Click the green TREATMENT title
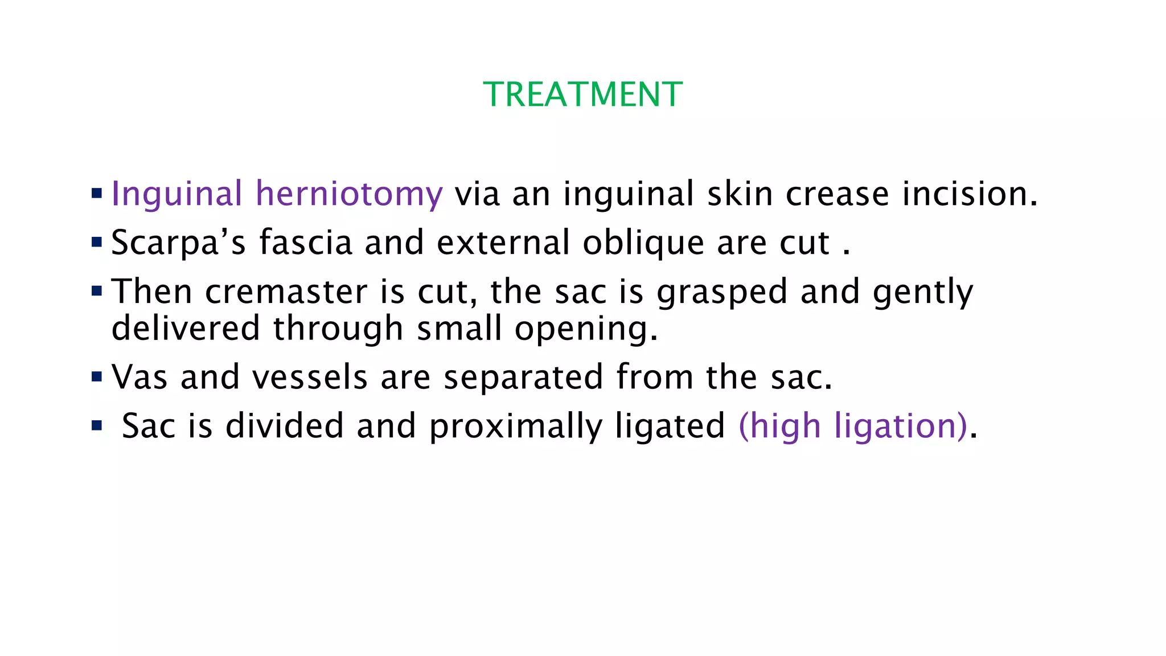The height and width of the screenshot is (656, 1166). (582, 95)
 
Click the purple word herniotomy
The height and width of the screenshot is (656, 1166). (349, 194)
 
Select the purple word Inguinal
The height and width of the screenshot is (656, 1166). (177, 194)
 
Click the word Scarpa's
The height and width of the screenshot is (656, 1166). (178, 243)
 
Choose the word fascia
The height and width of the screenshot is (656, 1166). (306, 243)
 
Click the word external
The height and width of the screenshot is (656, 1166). (503, 243)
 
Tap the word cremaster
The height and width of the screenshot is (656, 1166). (286, 292)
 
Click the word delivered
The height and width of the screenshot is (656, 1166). (186, 329)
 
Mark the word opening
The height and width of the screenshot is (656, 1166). (586, 330)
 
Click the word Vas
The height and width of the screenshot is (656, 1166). (139, 378)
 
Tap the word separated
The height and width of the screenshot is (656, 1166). (523, 378)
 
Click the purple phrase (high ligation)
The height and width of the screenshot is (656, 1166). (852, 427)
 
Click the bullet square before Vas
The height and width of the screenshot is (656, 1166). (97, 376)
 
